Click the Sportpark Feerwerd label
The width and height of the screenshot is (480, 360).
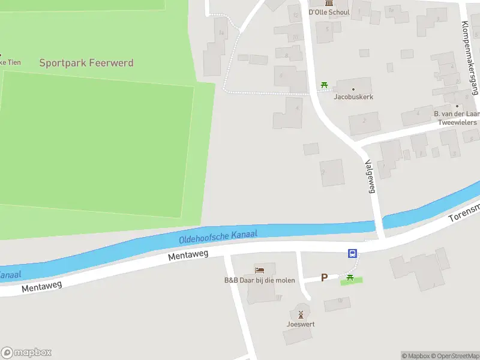point(86,62)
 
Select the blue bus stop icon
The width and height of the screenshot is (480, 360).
point(353,254)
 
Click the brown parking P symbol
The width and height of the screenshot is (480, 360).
point(324,277)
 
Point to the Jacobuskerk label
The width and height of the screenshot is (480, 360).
point(353,97)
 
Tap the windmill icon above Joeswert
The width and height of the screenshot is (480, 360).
point(301,314)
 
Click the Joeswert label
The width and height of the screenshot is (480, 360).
point(301,325)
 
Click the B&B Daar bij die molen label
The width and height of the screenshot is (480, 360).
point(259,280)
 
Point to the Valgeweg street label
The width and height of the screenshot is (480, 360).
point(371,176)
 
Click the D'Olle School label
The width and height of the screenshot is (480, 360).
point(329,11)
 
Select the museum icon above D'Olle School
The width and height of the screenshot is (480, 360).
point(329,2)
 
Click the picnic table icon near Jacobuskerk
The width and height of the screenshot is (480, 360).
point(325,85)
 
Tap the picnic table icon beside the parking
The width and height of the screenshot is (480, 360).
point(350,277)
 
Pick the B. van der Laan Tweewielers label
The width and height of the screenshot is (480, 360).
point(456,118)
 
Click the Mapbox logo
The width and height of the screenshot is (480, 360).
point(26,353)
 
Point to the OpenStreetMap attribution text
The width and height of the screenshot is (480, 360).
point(454,356)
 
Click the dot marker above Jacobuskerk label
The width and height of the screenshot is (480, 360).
point(353,89)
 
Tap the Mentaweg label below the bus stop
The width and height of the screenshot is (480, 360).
point(188,255)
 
